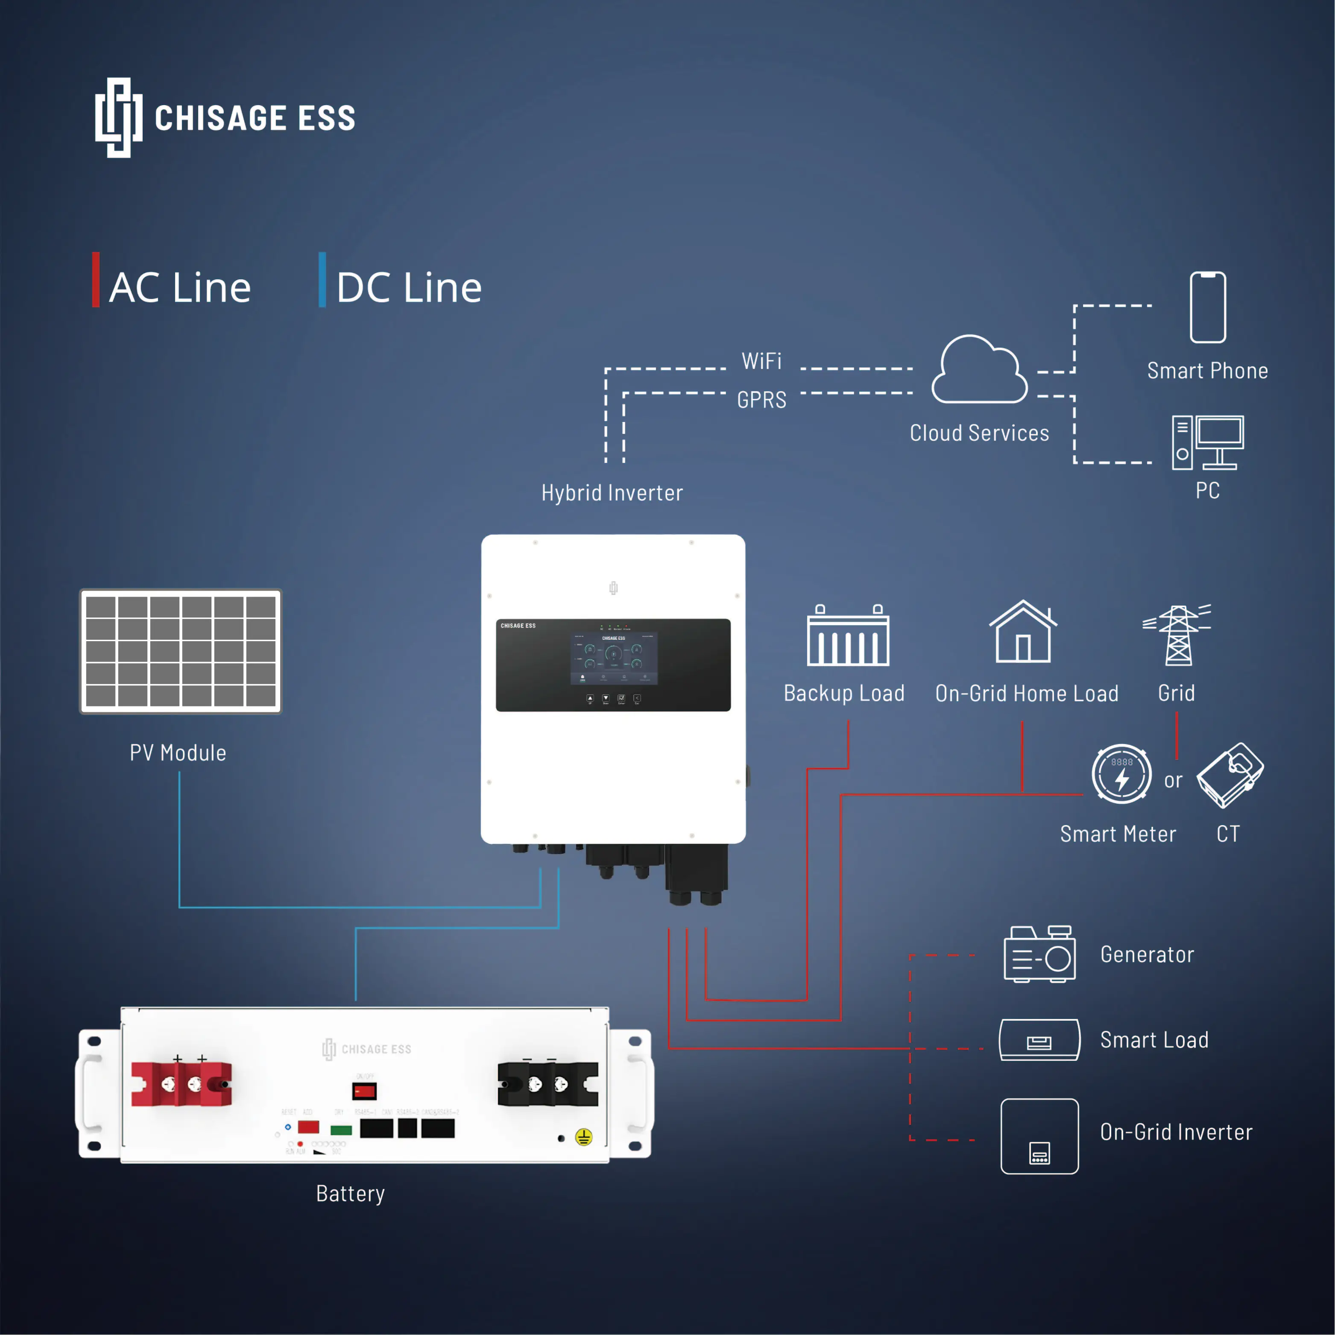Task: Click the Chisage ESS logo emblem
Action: point(119,117)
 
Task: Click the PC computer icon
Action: point(1207,443)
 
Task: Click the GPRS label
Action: point(761,400)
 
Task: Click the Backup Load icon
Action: point(848,636)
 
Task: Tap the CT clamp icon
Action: point(1230,775)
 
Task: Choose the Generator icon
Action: point(1039,954)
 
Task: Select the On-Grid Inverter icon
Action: point(1039,1136)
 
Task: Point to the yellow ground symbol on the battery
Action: point(584,1137)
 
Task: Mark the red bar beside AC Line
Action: point(96,280)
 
